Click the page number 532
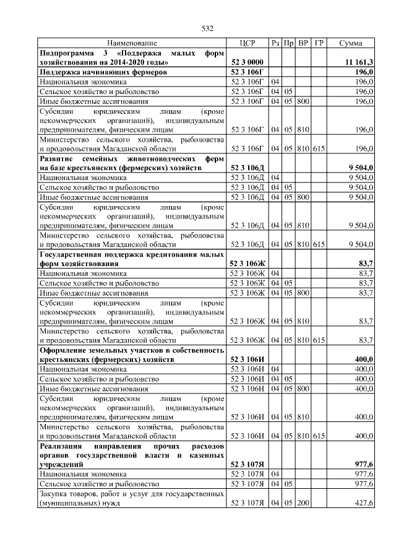coord(207,28)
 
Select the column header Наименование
coord(132,43)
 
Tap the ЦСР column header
coord(247,43)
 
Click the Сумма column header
coord(351,43)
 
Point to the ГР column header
coord(319,43)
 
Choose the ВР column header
coord(303,43)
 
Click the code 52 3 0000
coord(247,62)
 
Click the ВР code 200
coord(303,504)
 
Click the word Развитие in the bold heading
coord(58,158)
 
